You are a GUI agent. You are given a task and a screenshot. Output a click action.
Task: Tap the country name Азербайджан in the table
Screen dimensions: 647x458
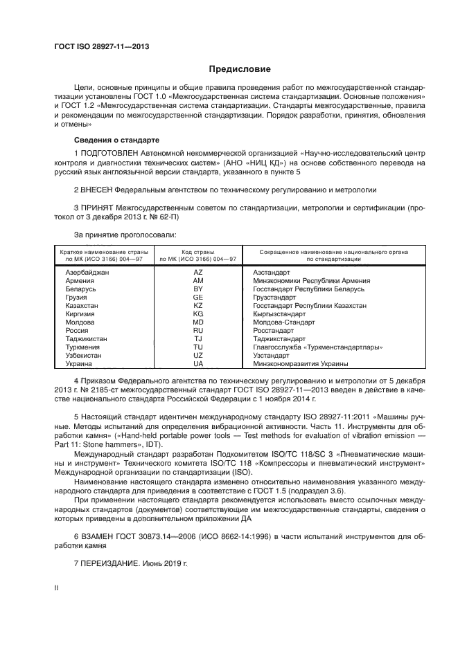click(87, 273)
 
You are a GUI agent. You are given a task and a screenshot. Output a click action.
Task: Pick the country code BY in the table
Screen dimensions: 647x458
click(198, 289)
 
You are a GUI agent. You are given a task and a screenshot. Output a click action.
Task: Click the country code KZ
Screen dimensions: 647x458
click(198, 305)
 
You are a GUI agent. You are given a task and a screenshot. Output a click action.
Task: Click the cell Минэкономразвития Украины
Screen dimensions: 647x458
click(301, 363)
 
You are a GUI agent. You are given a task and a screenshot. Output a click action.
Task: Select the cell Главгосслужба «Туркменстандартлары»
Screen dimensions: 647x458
click(318, 347)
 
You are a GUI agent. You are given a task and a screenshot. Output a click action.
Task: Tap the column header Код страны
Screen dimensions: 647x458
click(198, 252)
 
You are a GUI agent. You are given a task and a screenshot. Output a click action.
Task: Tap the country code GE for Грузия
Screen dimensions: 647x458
click(198, 297)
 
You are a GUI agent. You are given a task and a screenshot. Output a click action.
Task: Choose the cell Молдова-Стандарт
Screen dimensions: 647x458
click(284, 322)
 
